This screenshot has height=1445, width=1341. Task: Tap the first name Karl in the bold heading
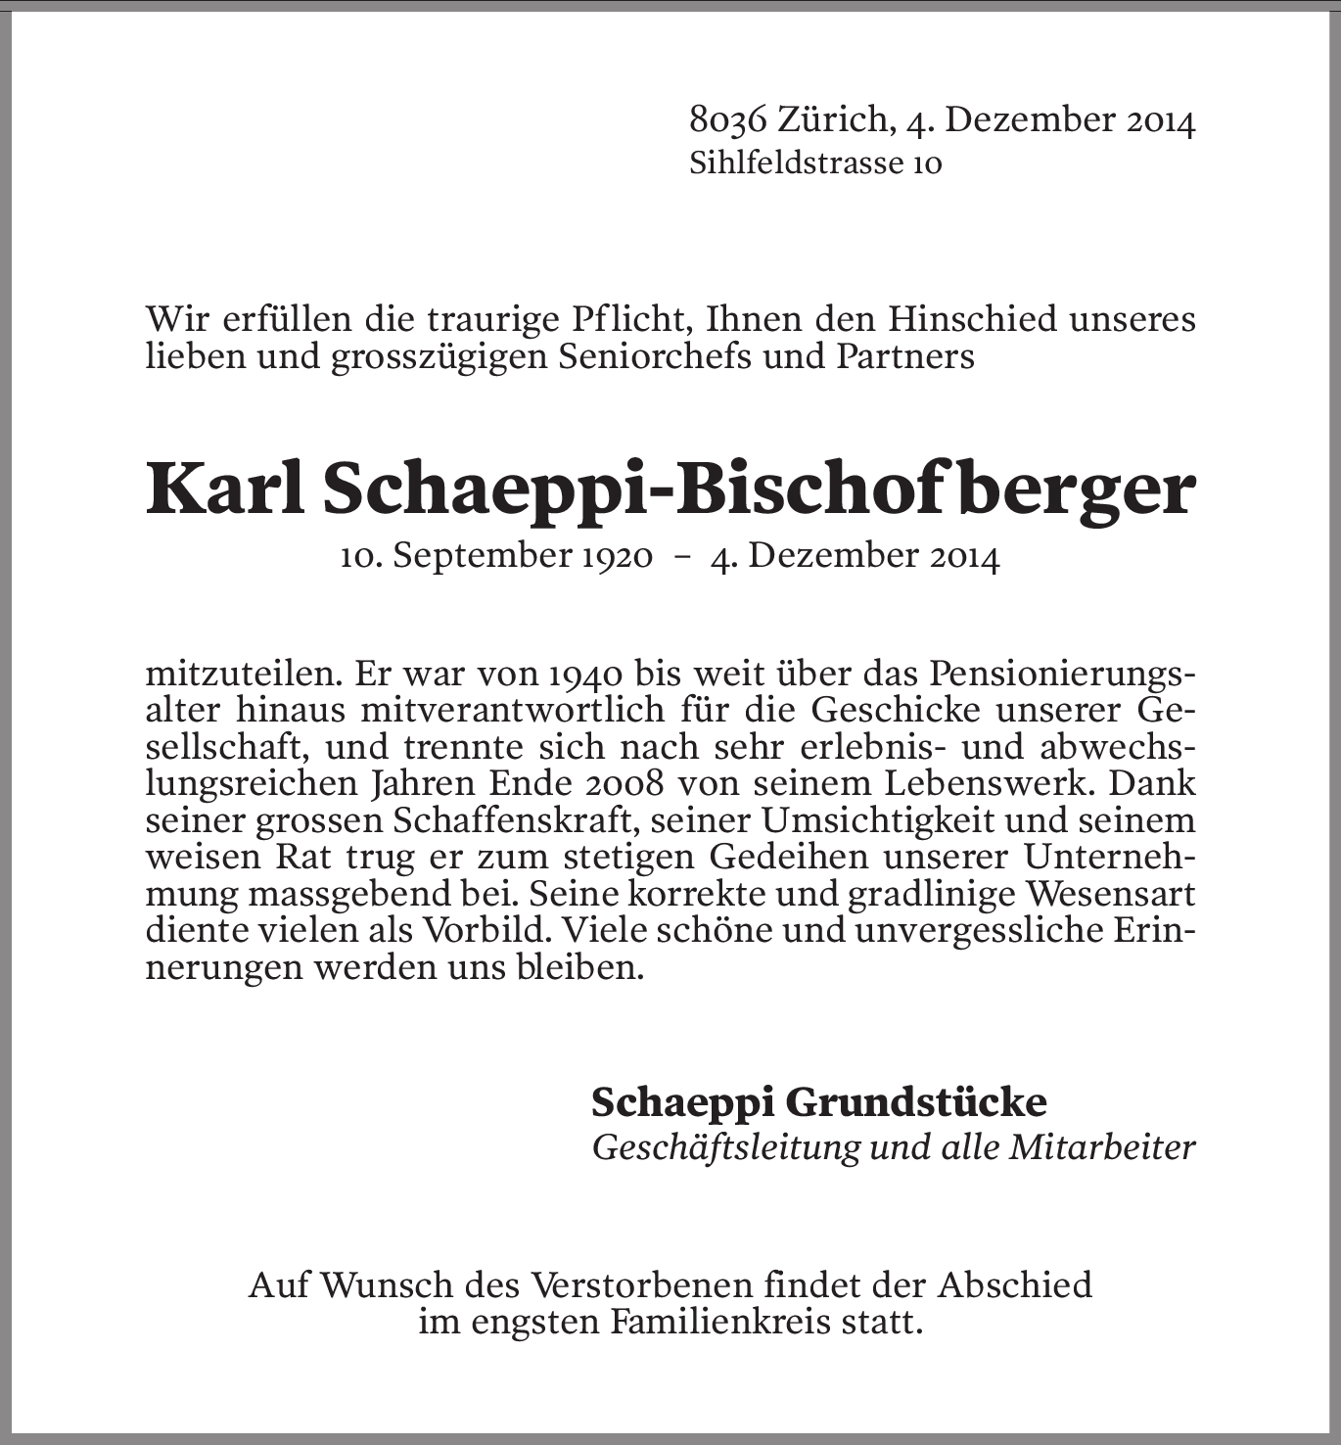[226, 489]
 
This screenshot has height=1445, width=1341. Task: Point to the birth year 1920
[617, 557]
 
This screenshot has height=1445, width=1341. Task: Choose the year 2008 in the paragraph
[624, 784]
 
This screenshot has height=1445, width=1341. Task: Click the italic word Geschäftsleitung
[724, 1147]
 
